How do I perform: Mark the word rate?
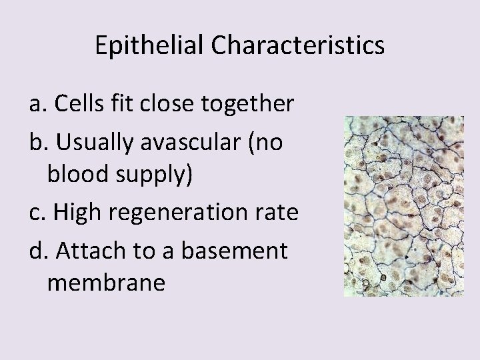point(275,213)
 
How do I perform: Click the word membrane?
point(106,283)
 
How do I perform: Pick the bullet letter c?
point(35,213)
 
